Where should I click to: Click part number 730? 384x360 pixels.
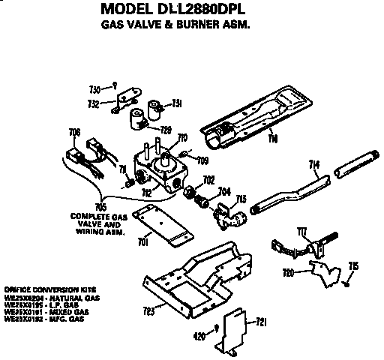tap(95, 86)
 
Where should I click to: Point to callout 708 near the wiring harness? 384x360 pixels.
tap(74, 133)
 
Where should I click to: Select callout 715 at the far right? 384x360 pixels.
tap(353, 266)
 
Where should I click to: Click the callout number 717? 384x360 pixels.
tap(302, 230)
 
